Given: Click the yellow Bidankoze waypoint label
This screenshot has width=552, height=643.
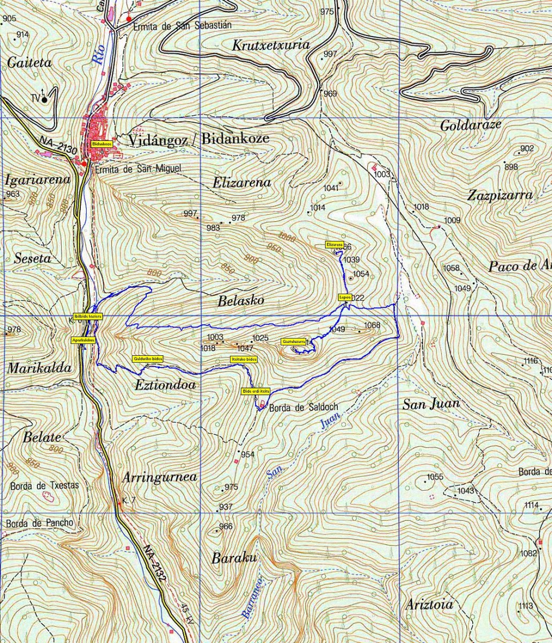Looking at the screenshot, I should (x=101, y=144).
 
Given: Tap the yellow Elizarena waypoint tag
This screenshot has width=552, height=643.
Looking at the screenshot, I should (x=334, y=245).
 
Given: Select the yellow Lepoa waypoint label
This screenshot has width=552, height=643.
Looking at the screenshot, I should (x=345, y=297).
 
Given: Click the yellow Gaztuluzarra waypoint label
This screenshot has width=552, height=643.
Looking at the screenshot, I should (x=294, y=341).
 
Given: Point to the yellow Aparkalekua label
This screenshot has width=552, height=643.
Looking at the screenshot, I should (x=83, y=340).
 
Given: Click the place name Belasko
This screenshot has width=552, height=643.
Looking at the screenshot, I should (x=240, y=301).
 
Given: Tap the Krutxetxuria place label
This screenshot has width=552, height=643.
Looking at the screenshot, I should (x=271, y=46).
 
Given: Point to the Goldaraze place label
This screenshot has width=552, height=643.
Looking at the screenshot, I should (x=471, y=126).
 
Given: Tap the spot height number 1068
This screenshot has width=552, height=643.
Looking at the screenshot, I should (x=372, y=325).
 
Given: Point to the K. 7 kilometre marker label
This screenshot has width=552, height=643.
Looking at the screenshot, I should (x=128, y=500).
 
